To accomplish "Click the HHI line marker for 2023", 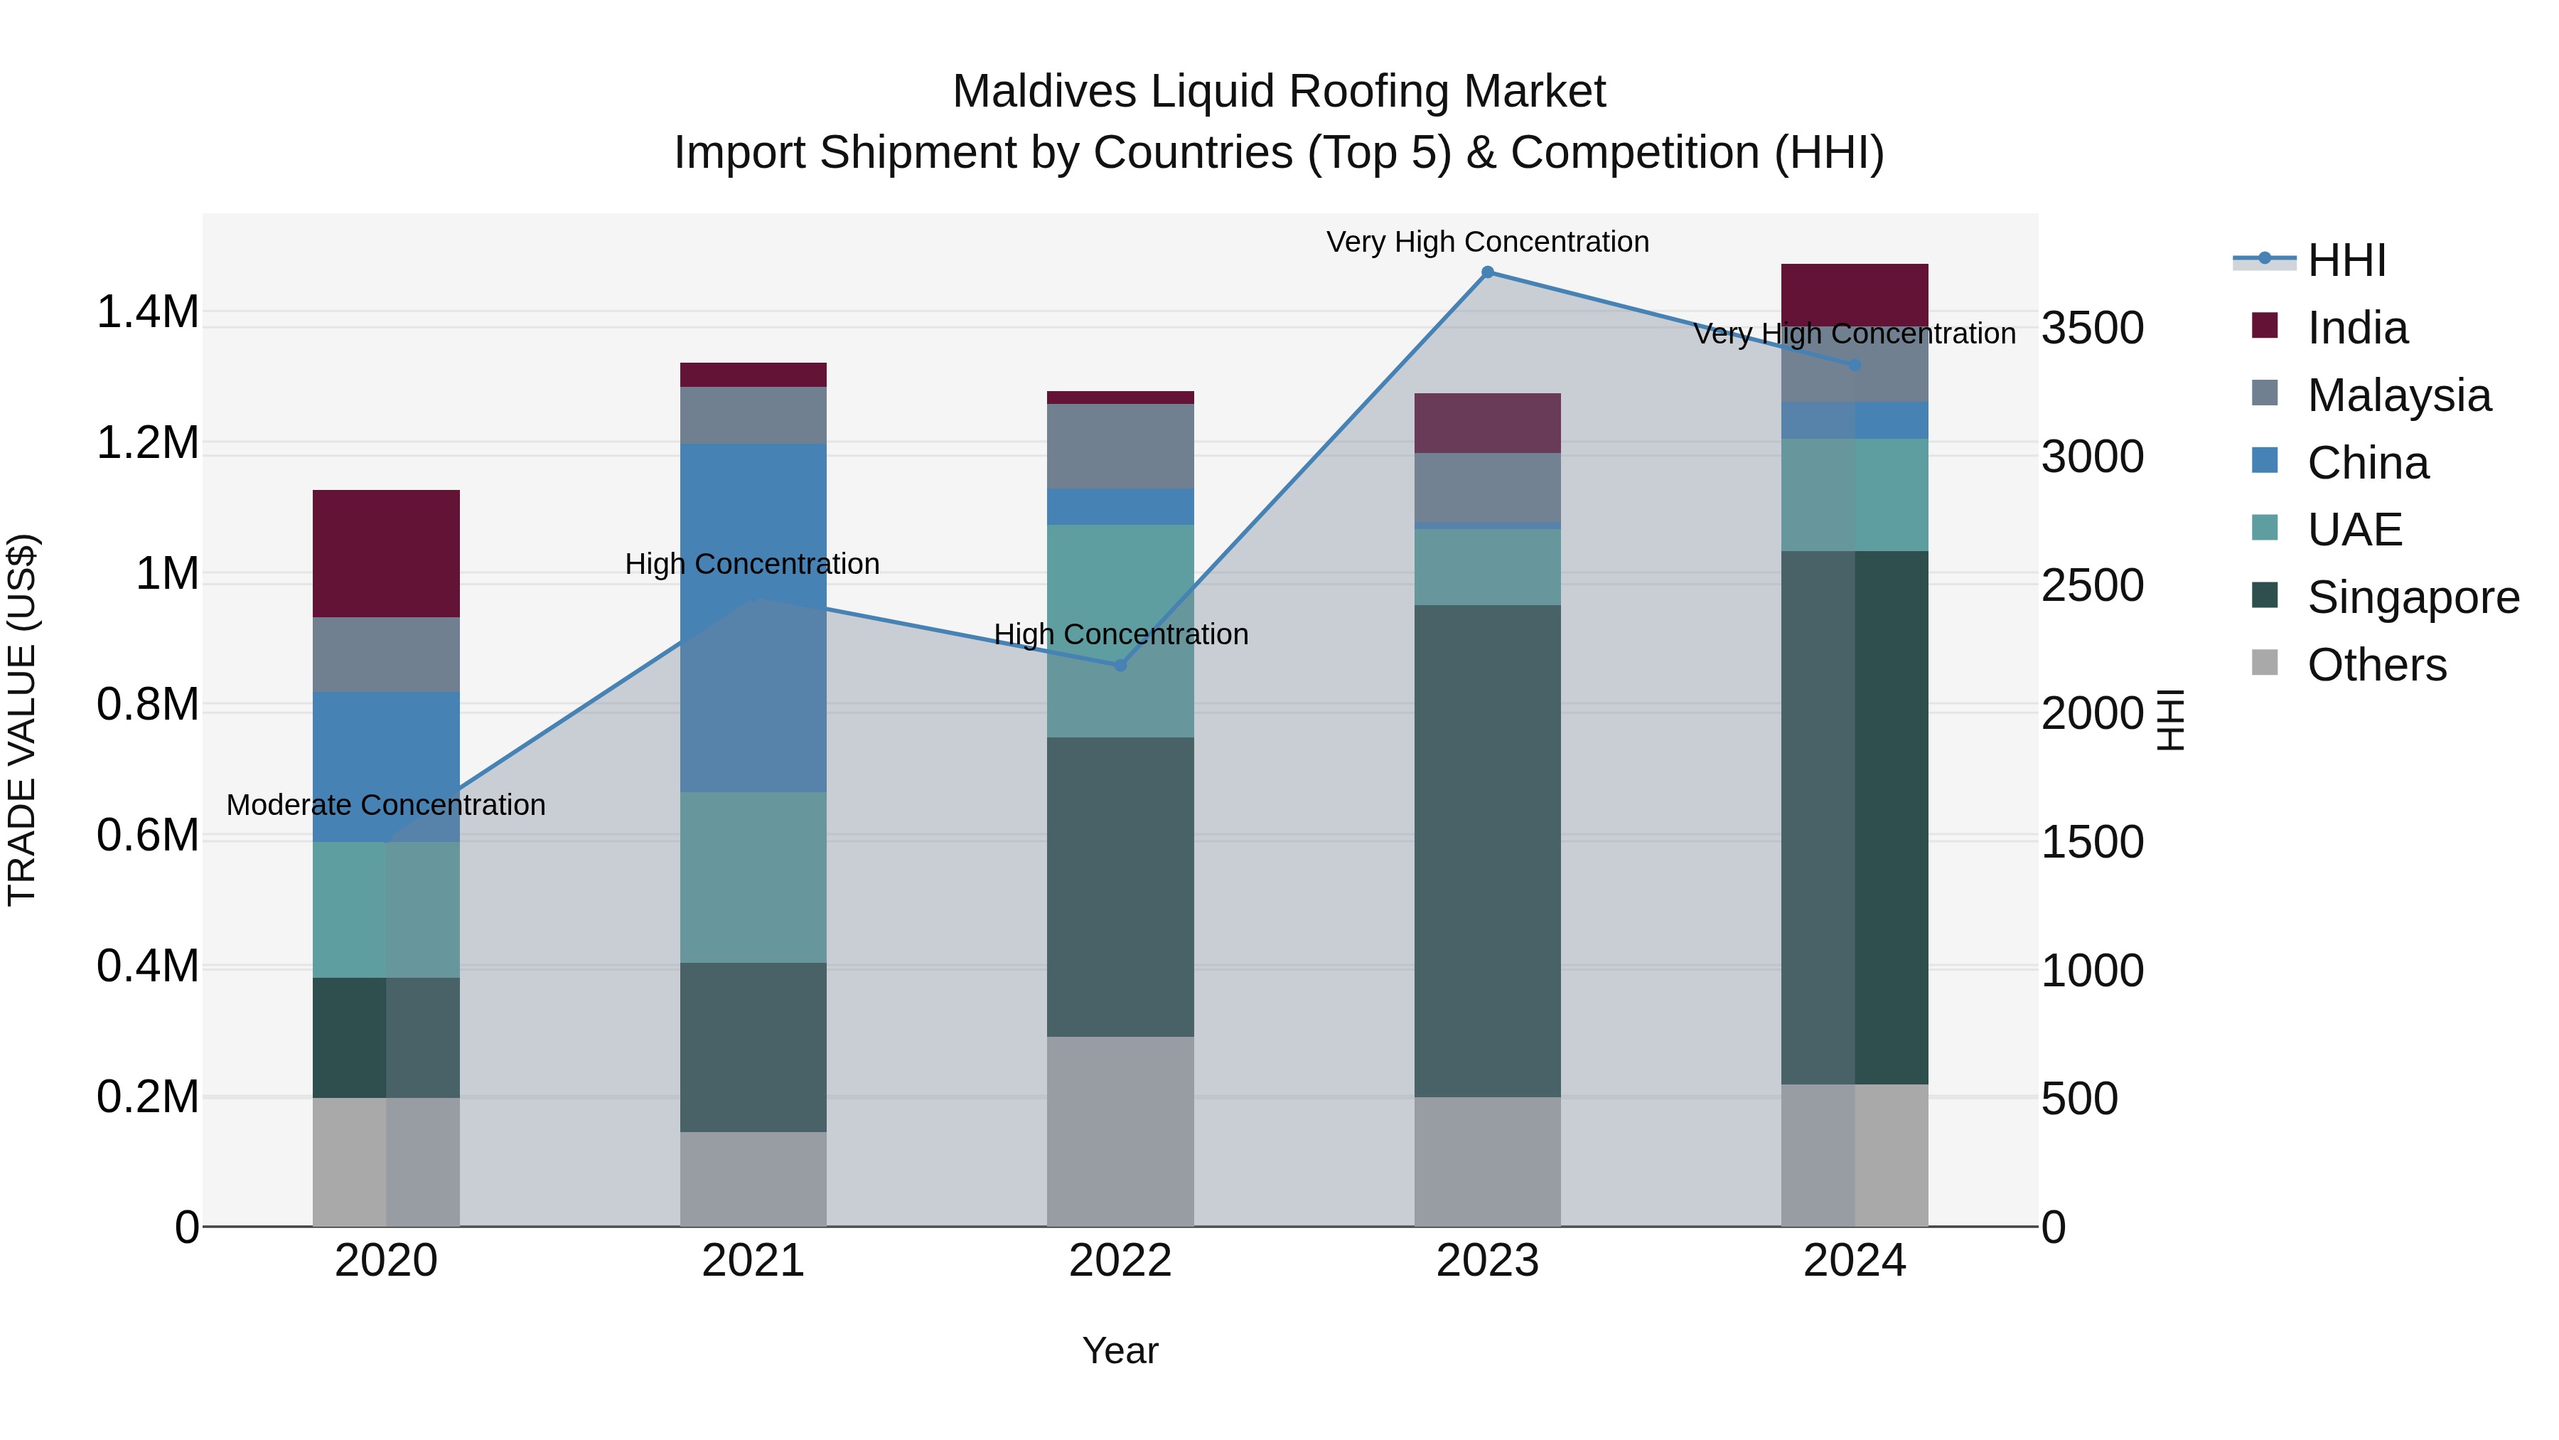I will pos(1487,272).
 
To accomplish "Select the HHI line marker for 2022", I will pos(1120,665).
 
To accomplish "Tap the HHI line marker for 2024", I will pos(1855,366).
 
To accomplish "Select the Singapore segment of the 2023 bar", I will pos(1487,850).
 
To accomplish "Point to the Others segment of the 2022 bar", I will pos(1120,1131).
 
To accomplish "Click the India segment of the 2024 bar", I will pos(1855,294).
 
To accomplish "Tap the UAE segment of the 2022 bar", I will pos(1120,630).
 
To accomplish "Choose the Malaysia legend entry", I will pos(2398,395).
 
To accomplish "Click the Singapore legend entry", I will pos(2412,598).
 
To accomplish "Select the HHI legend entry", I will pos(2346,260).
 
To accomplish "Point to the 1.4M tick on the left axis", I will pos(147,312).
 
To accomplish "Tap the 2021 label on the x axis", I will pos(753,1261).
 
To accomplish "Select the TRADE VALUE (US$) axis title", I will pos(22,720).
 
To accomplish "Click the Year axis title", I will pos(1120,1350).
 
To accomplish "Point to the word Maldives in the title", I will pos(1043,92).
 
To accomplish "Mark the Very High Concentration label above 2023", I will pos(1487,242).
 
